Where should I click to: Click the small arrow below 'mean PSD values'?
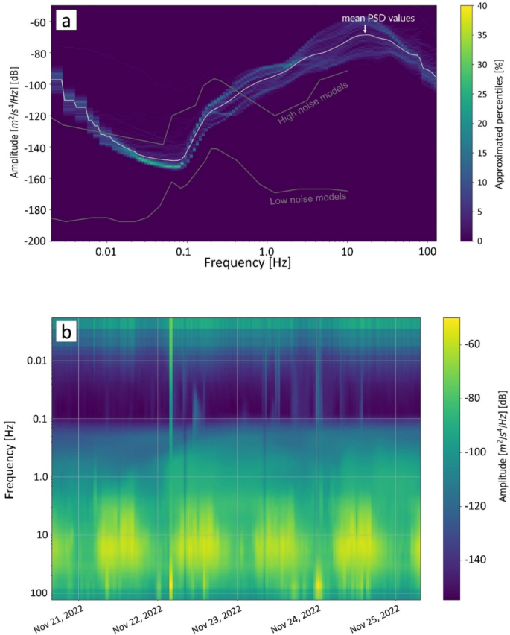pyautogui.click(x=365, y=28)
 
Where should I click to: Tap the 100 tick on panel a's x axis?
pyautogui.click(x=427, y=252)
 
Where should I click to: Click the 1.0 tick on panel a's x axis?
pyautogui.click(x=268, y=252)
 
